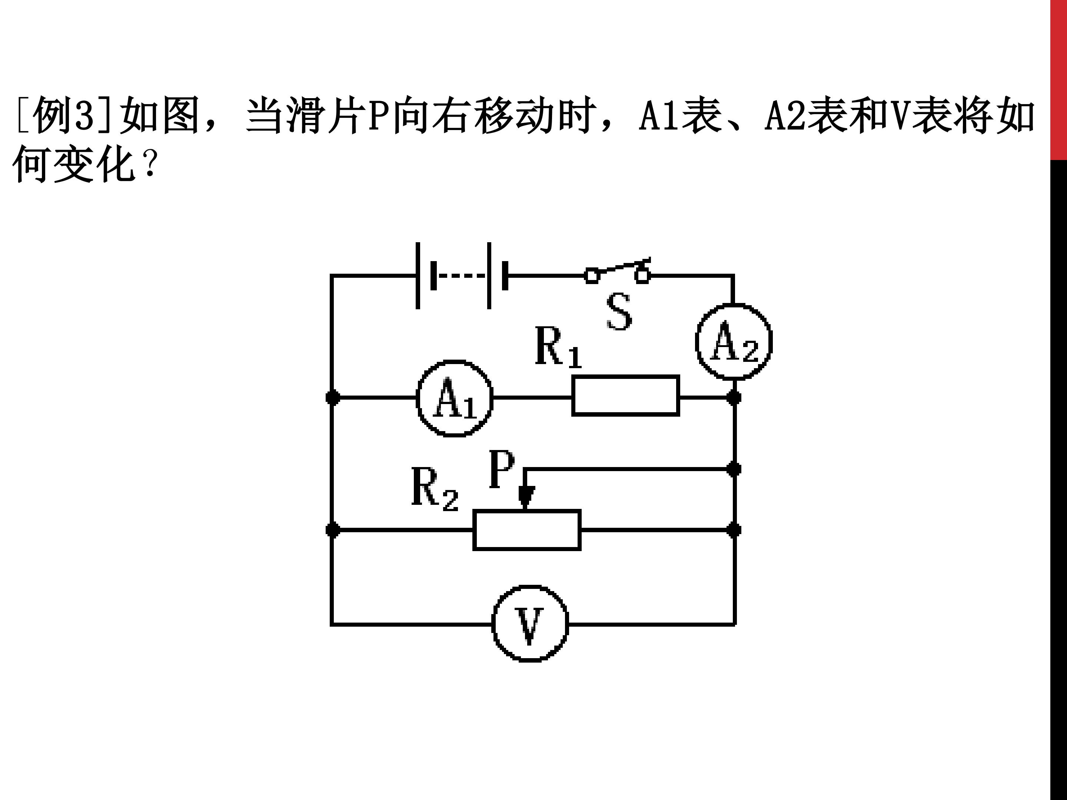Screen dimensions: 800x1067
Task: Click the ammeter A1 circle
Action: [454, 398]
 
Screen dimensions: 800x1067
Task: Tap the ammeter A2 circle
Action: [734, 341]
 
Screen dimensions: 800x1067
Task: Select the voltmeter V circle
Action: [530, 624]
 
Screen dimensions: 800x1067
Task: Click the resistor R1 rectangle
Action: [626, 396]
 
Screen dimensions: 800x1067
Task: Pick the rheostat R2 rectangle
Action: [527, 530]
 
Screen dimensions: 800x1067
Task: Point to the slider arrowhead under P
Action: [526, 497]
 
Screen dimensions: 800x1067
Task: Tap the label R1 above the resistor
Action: [558, 347]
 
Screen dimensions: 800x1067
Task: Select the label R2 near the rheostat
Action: [434, 488]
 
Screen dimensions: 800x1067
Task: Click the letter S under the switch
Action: [619, 312]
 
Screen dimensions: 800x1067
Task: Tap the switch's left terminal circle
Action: [591, 275]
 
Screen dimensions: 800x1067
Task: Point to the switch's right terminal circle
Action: [642, 275]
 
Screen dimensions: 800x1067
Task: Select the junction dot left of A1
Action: [332, 398]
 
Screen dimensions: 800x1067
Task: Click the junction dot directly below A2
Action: [734, 398]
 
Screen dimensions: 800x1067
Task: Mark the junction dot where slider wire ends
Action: [734, 469]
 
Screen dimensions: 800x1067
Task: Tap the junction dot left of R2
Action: [332, 530]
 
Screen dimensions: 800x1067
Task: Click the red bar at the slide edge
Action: [1058, 80]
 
